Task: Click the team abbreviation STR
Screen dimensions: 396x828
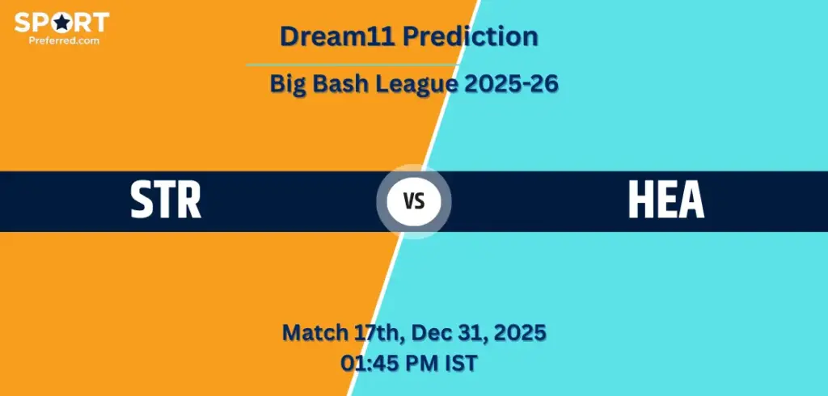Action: point(167,201)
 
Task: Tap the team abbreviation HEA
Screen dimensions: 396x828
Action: point(666,201)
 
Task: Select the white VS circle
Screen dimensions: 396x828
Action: point(414,202)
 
